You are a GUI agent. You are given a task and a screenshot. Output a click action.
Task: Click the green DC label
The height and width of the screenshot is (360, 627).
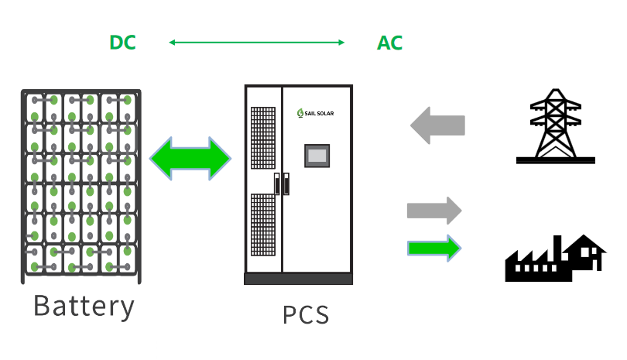pyautogui.click(x=122, y=43)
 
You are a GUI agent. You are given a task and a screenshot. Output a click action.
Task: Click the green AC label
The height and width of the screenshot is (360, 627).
pyautogui.click(x=389, y=43)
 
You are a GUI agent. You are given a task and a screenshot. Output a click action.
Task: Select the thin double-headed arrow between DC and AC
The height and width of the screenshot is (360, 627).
pyautogui.click(x=257, y=43)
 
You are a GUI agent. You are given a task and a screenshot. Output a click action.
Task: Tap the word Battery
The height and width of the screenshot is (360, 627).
pyautogui.click(x=84, y=306)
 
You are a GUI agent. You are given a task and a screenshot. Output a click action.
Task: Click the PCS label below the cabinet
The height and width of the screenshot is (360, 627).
pyautogui.click(x=305, y=315)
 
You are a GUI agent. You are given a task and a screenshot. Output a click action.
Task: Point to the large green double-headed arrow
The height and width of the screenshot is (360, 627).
pyautogui.click(x=190, y=159)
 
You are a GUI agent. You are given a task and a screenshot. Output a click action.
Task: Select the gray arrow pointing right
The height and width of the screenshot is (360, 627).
pyautogui.click(x=433, y=211)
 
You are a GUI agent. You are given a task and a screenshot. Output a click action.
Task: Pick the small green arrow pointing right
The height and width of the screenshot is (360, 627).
pyautogui.click(x=433, y=248)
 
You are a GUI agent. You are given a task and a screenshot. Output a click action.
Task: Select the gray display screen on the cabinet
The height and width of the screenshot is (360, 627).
pyautogui.click(x=317, y=156)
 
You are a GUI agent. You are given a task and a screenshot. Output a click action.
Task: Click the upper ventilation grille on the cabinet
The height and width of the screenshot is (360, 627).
pyautogui.click(x=263, y=139)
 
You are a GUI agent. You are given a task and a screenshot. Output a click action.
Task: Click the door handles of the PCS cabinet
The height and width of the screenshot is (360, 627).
pyautogui.click(x=281, y=183)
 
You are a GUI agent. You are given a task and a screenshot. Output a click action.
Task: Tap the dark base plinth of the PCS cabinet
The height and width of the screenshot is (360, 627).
pyautogui.click(x=298, y=279)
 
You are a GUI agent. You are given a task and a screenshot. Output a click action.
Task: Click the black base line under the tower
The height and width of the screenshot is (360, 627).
pyautogui.click(x=555, y=160)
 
